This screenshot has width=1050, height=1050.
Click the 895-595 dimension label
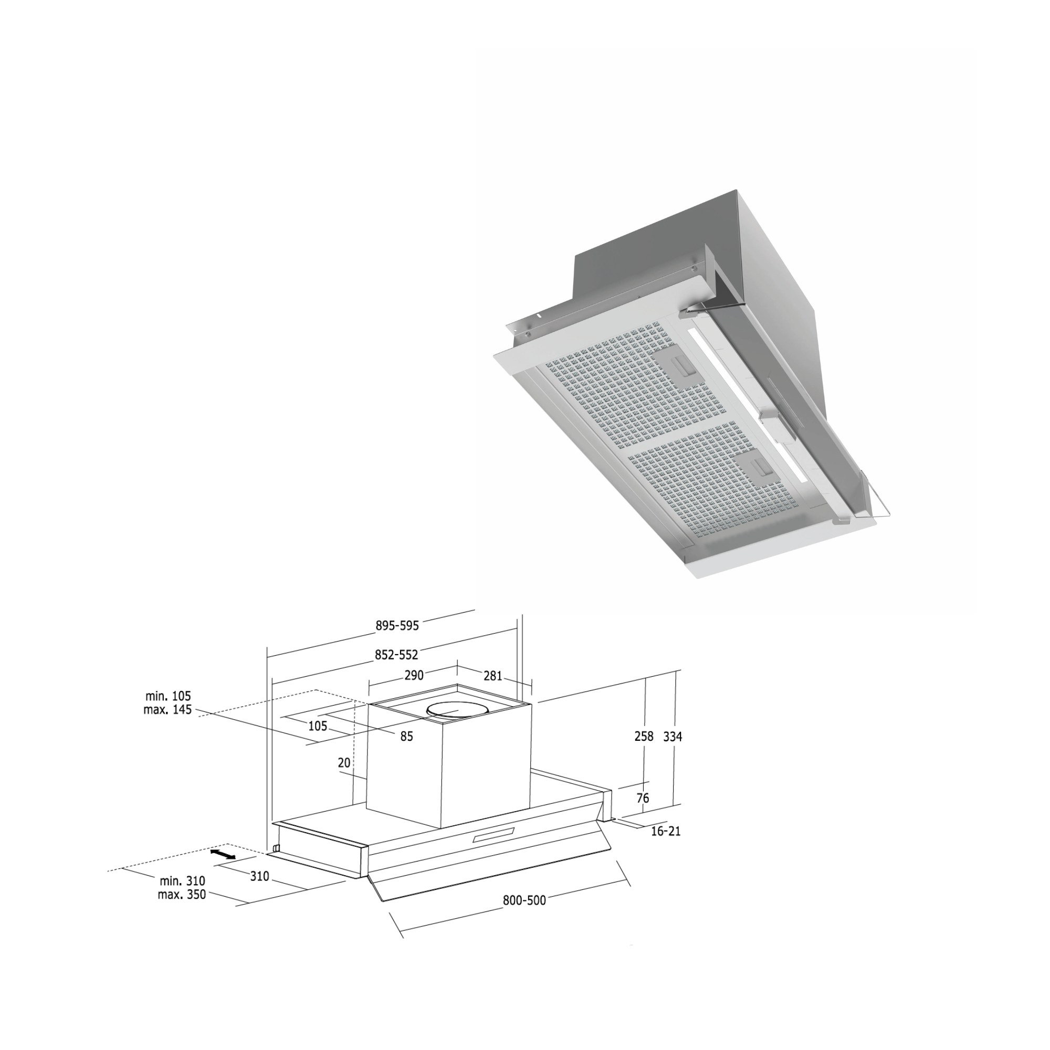(397, 626)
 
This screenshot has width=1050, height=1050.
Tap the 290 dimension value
(414, 676)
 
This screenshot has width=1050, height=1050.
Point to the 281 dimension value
(493, 676)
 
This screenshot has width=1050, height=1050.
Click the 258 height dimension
(644, 737)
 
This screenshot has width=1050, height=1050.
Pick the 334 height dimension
(673, 737)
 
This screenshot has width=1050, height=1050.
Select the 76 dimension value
(643, 799)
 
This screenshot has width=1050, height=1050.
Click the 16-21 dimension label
(666, 831)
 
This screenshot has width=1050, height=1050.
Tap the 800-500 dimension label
(524, 900)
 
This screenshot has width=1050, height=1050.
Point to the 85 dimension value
(406, 737)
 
